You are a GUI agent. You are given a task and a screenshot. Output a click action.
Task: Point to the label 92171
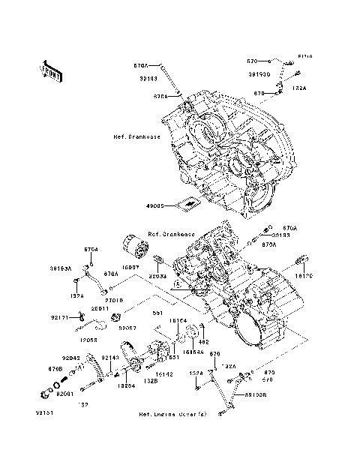pyautogui.click(x=61, y=317)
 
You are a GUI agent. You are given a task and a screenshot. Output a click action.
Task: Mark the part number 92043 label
pyautogui.click(x=71, y=358)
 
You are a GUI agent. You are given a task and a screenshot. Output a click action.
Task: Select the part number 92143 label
pyautogui.click(x=110, y=358)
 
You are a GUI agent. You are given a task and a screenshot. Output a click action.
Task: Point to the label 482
pyautogui.click(x=202, y=342)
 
